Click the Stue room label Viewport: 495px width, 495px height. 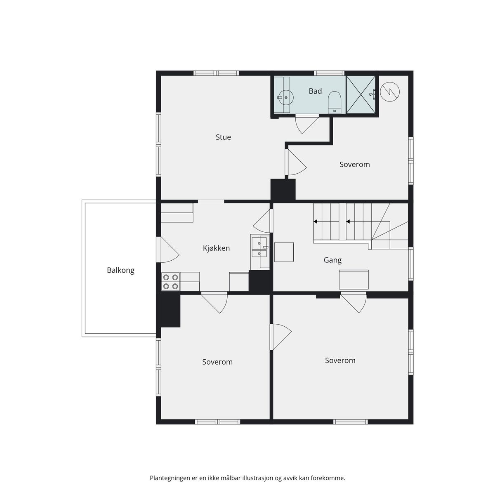pyautogui.click(x=223, y=137)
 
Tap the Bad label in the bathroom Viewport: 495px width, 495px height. pyautogui.click(x=315, y=91)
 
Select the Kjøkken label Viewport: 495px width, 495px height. pyautogui.click(x=216, y=248)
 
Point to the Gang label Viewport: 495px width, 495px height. pyautogui.click(x=332, y=260)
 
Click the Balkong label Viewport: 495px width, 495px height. pyautogui.click(x=120, y=270)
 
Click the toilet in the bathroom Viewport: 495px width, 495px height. pyautogui.click(x=334, y=102)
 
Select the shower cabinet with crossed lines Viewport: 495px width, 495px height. pyautogui.click(x=361, y=94)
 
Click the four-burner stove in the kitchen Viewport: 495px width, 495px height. pyautogui.click(x=170, y=282)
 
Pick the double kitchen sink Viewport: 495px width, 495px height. pyautogui.click(x=259, y=247)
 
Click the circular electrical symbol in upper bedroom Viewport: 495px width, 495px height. pyautogui.click(x=390, y=92)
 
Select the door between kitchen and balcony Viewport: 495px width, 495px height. pyautogui.click(x=167, y=250)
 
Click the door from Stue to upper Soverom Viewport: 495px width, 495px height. pyautogui.click(x=296, y=163)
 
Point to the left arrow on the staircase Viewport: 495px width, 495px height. pyautogui.click(x=315, y=222)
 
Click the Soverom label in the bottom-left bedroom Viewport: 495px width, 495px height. pyautogui.click(x=217, y=362)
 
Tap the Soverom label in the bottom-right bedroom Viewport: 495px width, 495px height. pyautogui.click(x=340, y=361)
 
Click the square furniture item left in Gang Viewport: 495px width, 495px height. pyautogui.click(x=284, y=252)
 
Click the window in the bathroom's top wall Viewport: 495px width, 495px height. pyautogui.click(x=329, y=73)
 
